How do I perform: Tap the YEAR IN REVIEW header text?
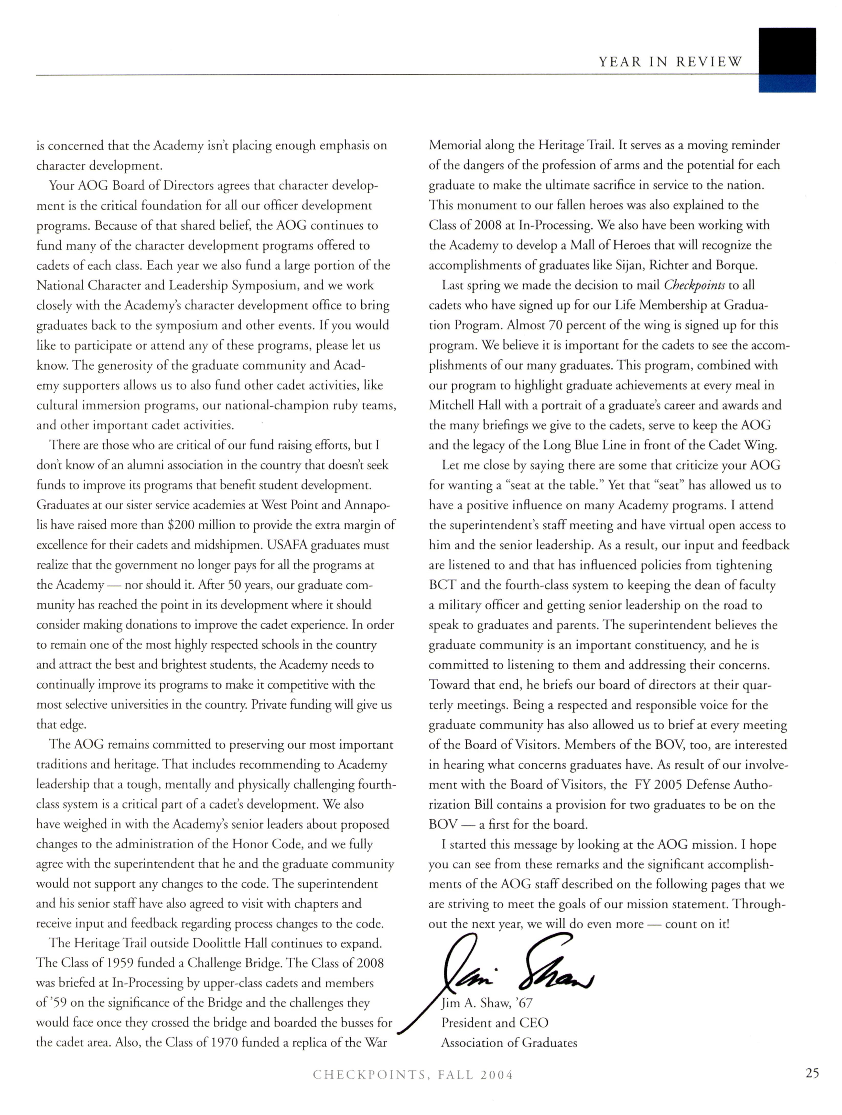pyautogui.click(x=671, y=62)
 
